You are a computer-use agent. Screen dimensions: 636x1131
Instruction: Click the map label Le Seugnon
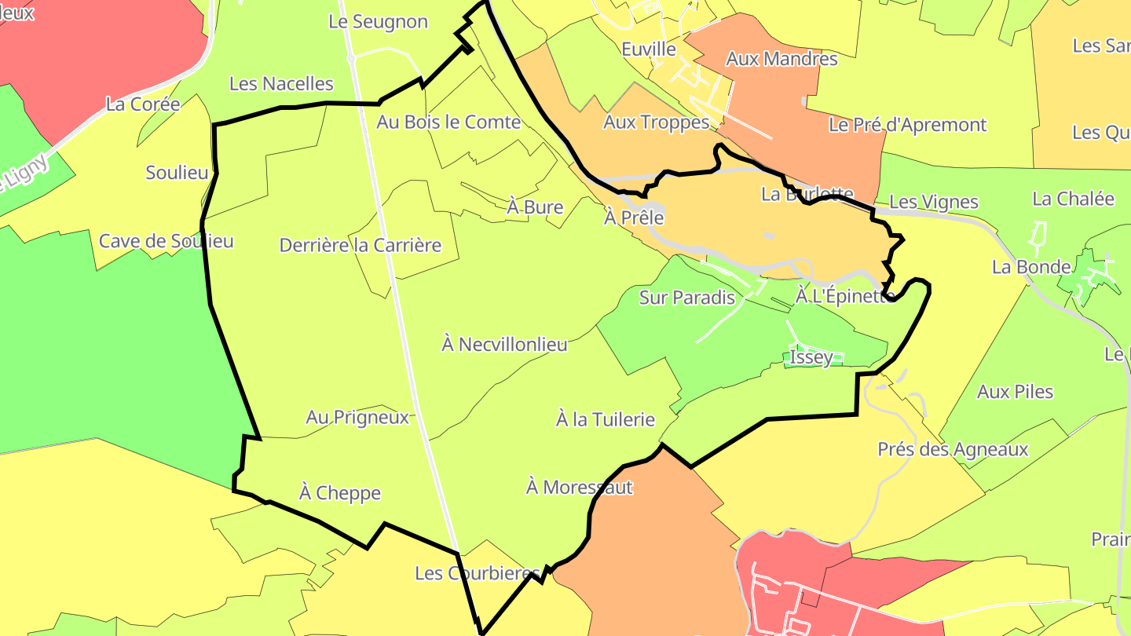378,22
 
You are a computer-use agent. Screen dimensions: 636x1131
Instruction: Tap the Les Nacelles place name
281,84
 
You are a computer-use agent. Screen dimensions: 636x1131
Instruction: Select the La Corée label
143,104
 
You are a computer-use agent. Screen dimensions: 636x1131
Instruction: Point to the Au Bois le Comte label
448,122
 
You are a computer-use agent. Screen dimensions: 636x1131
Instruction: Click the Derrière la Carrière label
361,245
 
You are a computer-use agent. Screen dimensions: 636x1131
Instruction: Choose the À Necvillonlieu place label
504,344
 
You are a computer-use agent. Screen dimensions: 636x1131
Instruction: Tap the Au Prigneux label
358,417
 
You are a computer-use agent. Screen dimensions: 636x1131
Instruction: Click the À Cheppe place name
340,493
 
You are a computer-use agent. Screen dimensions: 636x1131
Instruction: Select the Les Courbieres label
478,573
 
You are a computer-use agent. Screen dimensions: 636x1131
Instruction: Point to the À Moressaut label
580,488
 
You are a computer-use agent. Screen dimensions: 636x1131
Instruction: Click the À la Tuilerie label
606,419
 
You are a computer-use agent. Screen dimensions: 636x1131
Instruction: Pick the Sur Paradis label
687,298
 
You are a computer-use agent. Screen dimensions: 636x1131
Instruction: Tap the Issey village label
811,357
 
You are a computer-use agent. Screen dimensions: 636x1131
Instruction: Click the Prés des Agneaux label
953,450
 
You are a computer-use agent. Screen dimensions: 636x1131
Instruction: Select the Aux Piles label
1015,391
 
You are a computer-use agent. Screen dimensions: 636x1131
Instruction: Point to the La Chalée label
1073,199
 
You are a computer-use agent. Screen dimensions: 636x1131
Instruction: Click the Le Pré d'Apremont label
907,125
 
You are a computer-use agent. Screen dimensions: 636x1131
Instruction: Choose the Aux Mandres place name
781,59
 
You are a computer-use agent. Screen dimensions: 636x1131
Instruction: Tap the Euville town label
648,49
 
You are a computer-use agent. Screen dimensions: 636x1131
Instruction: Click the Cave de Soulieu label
167,241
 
